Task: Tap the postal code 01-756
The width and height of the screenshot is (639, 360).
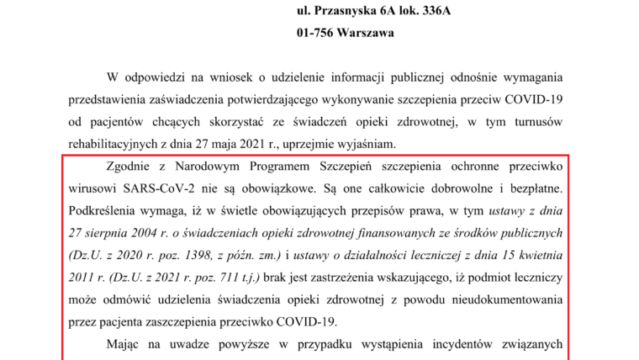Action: click(x=317, y=34)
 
